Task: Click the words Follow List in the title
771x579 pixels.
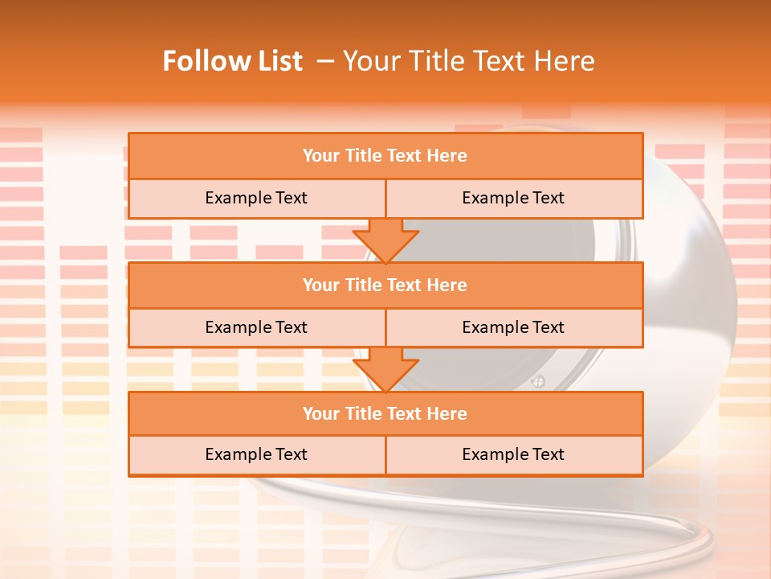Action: pyautogui.click(x=233, y=61)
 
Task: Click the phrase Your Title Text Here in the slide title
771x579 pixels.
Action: pyautogui.click(x=468, y=61)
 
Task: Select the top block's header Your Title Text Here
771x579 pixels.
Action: pyautogui.click(x=385, y=156)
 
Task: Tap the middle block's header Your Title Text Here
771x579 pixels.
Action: pyautogui.click(x=385, y=285)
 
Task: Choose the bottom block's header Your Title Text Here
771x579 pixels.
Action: pyautogui.click(x=385, y=414)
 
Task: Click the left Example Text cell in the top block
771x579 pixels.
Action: pyautogui.click(x=256, y=199)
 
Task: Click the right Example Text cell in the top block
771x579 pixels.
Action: pyautogui.click(x=513, y=199)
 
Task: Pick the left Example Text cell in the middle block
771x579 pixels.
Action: pyautogui.click(x=256, y=328)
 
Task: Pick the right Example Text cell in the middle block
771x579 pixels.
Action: pyautogui.click(x=513, y=328)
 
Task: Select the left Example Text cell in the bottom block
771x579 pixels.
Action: pyautogui.click(x=256, y=455)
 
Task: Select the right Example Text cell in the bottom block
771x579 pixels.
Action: pyautogui.click(x=513, y=455)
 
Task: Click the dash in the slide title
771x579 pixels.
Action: pyautogui.click(x=325, y=61)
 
